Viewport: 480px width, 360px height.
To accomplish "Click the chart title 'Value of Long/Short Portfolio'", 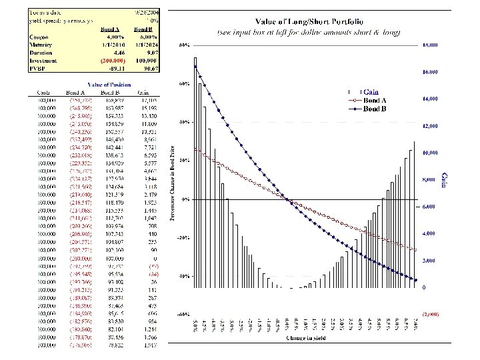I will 305,23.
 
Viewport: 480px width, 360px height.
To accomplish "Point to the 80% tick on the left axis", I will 184,45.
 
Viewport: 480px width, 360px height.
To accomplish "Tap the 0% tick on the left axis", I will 185,199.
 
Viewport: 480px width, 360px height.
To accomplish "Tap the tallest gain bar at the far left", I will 195,173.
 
